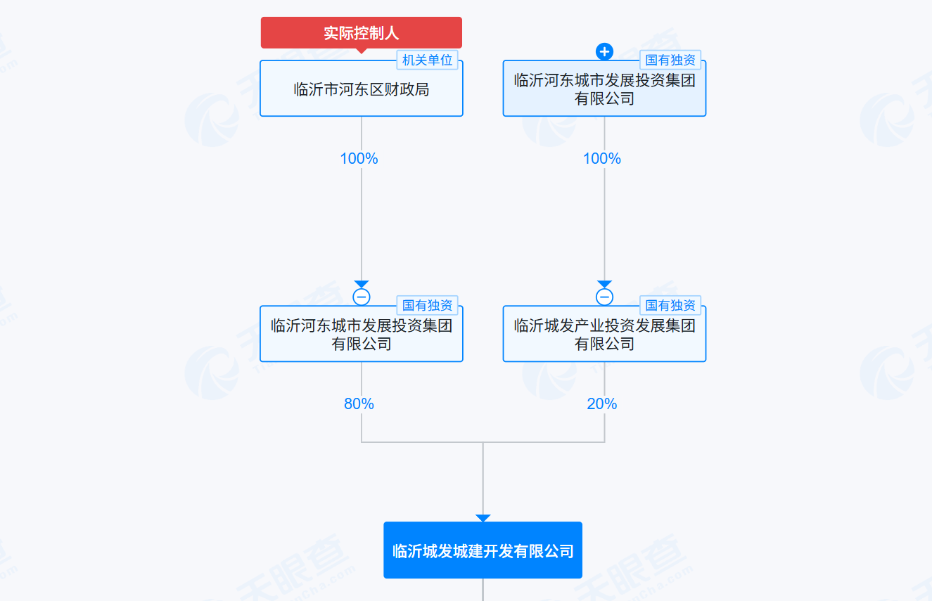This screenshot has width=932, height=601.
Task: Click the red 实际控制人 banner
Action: pyautogui.click(x=361, y=33)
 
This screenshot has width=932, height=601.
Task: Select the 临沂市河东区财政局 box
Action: pyautogui.click(x=361, y=89)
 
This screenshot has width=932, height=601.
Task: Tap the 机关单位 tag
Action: pyautogui.click(x=427, y=60)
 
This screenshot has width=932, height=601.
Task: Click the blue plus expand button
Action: pyautogui.click(x=604, y=51)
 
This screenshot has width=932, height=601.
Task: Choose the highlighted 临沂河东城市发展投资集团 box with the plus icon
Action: pyautogui.click(x=604, y=90)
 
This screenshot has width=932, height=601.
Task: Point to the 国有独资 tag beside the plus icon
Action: pyautogui.click(x=670, y=60)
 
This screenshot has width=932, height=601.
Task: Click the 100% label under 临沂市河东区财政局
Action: pyautogui.click(x=359, y=159)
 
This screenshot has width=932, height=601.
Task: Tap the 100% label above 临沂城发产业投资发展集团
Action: pyautogui.click(x=602, y=159)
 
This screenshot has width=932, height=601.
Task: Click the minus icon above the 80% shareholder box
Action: pyautogui.click(x=362, y=297)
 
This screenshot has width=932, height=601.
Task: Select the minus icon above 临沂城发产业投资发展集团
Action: pyautogui.click(x=604, y=297)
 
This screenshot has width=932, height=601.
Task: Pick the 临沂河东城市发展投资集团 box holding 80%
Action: pyautogui.click(x=361, y=335)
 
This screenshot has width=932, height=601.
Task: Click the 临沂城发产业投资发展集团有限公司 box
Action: pyautogui.click(x=604, y=335)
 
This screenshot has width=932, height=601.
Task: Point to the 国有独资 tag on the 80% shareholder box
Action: pyautogui.click(x=427, y=306)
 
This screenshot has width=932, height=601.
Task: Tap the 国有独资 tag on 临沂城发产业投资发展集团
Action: pyautogui.click(x=670, y=306)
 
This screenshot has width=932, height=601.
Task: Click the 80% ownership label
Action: pyautogui.click(x=359, y=404)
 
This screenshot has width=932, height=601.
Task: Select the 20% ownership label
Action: pyautogui.click(x=602, y=404)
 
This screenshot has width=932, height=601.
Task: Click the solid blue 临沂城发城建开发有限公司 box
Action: pyautogui.click(x=483, y=550)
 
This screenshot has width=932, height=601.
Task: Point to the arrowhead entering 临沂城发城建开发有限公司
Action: pyautogui.click(x=483, y=518)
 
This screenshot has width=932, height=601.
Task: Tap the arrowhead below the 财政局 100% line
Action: pyautogui.click(x=362, y=284)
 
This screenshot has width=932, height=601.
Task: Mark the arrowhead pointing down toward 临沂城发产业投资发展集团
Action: pyautogui.click(x=604, y=284)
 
